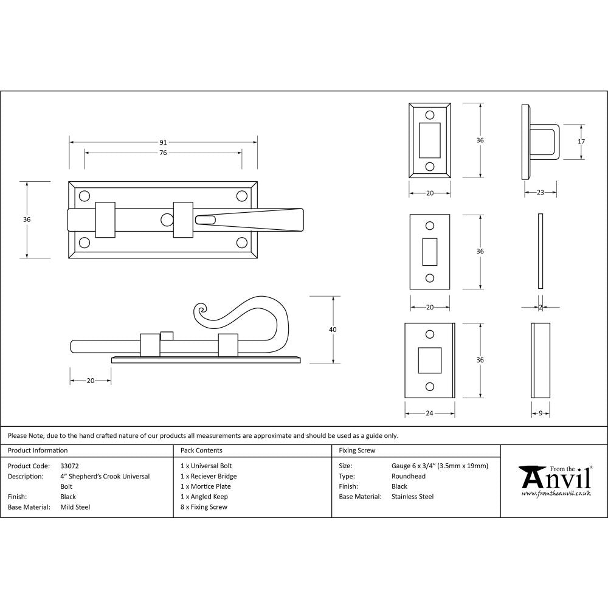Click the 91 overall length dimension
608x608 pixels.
pos(163,142)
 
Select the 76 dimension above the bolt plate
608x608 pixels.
pos(163,153)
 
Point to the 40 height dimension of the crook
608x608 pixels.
pos(333,330)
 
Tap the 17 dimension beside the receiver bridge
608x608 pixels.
pos(581,142)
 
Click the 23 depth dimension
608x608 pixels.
pos(541,193)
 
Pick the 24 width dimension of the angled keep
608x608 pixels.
pos(429,413)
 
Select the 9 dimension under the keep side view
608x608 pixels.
pos(541,413)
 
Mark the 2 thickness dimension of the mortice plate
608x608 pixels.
pos(541,308)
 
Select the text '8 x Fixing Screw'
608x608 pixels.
pos(204,507)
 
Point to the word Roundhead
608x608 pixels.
pos(409,477)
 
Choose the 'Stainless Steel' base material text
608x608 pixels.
pos(413,497)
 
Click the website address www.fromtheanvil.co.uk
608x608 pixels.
pos(556,494)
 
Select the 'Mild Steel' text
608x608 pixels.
pos(75,507)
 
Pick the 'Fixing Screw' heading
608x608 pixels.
pos(357,451)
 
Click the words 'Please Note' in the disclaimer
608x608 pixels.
pos(25,435)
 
